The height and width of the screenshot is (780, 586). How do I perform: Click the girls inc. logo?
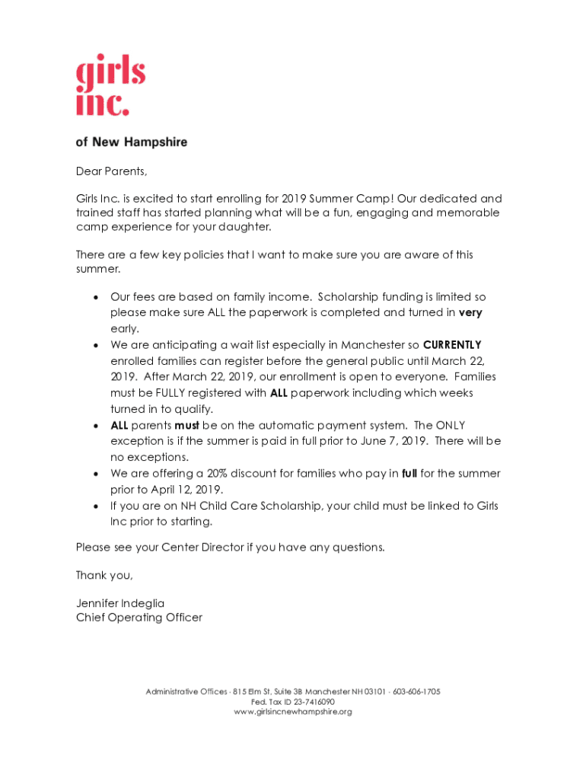(110, 88)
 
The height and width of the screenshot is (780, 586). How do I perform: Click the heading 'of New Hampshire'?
(132, 142)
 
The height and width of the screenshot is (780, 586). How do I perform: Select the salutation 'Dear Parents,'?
(111, 171)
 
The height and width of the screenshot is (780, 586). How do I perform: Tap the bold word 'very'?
(470, 312)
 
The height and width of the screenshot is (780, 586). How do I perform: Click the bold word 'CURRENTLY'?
(452, 344)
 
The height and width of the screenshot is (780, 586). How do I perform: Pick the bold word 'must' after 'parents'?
(186, 425)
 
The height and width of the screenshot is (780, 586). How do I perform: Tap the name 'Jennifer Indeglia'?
(120, 603)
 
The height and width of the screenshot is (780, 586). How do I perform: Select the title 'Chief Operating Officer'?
(139, 618)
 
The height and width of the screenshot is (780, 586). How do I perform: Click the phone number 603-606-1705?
(417, 692)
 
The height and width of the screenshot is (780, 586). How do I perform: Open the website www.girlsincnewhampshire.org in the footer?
(293, 711)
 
